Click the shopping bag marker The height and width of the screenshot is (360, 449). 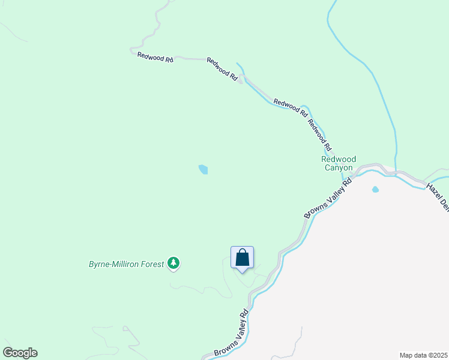[242, 258]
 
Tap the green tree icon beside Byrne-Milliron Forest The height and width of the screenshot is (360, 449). [173, 263]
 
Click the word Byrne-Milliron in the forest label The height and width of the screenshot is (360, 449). [114, 264]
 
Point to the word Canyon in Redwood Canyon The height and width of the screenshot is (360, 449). [339, 168]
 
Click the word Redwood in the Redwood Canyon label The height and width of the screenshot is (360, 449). [339, 160]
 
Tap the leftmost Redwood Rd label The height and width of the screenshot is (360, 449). [155, 58]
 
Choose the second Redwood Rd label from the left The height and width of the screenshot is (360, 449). [223, 69]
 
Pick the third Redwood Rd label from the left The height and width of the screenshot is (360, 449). [291, 107]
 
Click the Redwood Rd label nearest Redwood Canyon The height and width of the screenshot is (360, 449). [319, 135]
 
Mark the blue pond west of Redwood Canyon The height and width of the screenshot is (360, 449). [203, 170]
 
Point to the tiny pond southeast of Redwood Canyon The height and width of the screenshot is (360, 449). [376, 190]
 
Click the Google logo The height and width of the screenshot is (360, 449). [20, 353]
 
